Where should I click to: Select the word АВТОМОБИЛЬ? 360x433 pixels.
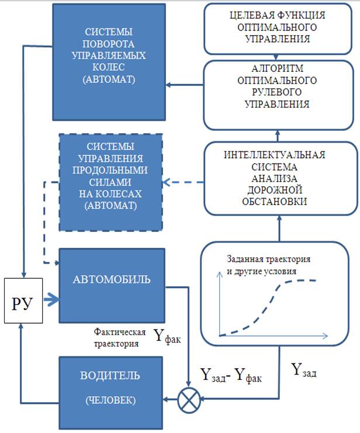[x=112, y=279]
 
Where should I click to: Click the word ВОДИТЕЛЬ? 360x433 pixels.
[x=111, y=375]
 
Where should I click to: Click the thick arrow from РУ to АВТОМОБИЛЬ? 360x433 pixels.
[x=51, y=300]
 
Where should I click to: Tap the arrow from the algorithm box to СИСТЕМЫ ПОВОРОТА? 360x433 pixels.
[x=184, y=86]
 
